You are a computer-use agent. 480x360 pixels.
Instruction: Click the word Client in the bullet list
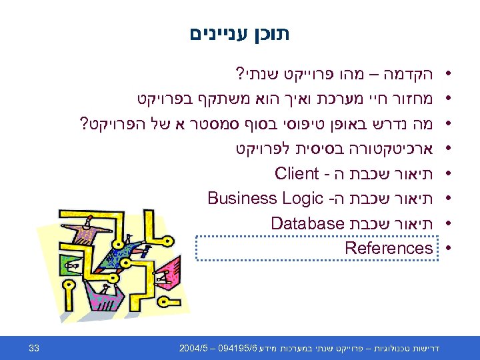click(x=297, y=175)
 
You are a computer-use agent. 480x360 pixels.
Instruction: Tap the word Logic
click(x=302, y=199)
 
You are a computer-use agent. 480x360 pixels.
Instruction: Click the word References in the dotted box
click(x=389, y=249)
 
